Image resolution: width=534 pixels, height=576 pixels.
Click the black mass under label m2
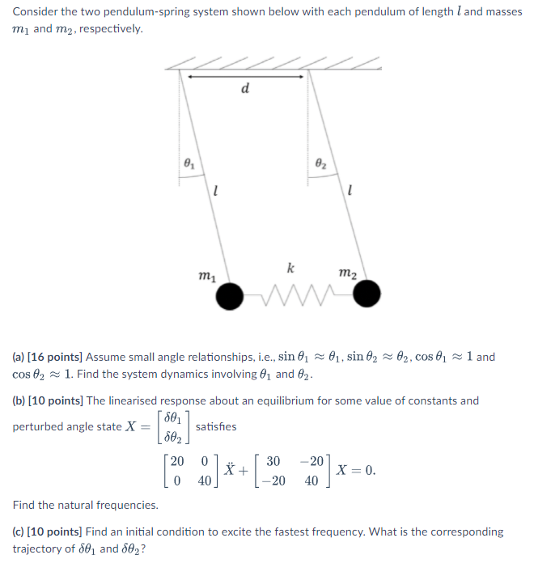click(367, 295)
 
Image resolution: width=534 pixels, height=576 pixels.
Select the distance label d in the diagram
click(244, 89)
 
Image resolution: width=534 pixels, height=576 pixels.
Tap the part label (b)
click(19, 400)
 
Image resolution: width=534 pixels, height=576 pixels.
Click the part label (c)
click(19, 532)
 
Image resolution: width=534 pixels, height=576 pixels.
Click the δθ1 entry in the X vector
click(172, 417)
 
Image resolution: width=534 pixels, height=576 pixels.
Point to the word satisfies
click(216, 426)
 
